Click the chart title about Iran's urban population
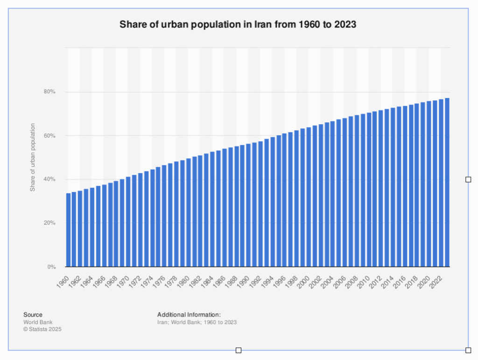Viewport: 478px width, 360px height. (238, 24)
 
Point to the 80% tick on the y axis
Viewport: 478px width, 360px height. (50, 92)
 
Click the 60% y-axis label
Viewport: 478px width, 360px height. (50, 136)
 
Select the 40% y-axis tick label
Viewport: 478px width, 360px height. (50, 179)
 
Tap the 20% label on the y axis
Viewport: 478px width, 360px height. (50, 223)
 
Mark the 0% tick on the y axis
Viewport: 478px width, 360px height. (51, 267)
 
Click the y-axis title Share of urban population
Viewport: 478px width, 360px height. (33, 157)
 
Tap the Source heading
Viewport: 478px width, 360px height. (33, 315)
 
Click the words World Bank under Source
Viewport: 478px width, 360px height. (38, 322)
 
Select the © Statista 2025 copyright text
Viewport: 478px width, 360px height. (42, 329)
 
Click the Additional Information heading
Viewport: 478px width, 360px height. (189, 315)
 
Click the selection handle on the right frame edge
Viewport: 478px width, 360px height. (468, 179)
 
